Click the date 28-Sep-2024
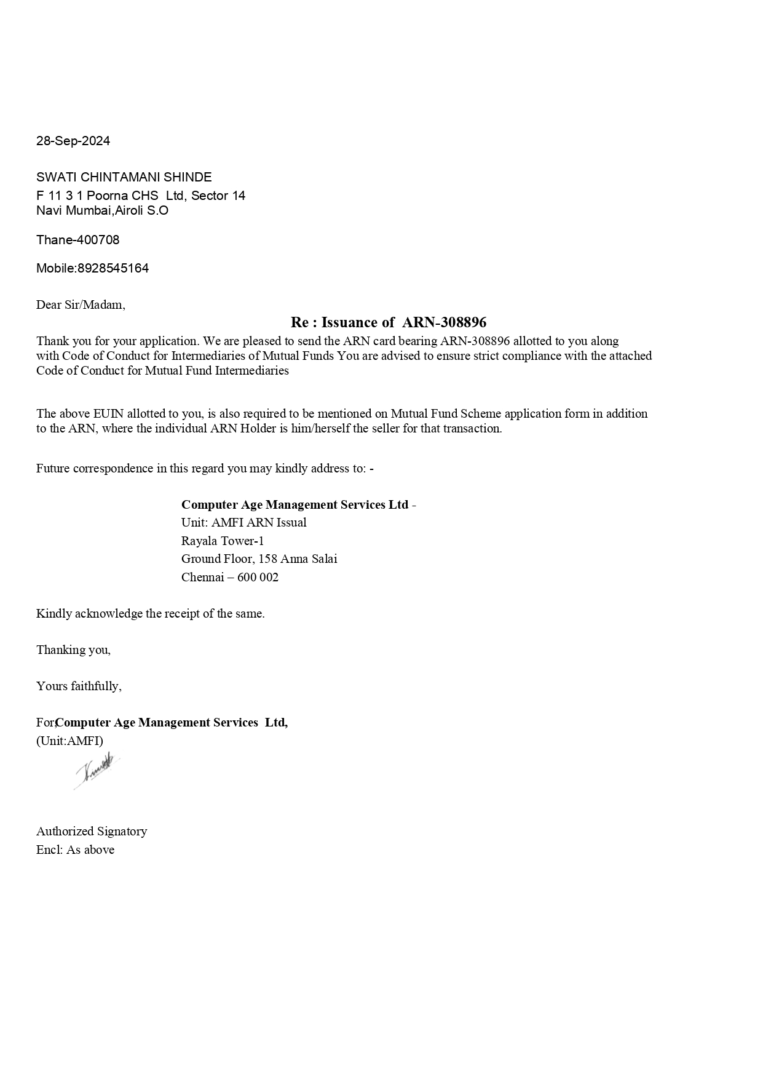[x=73, y=141]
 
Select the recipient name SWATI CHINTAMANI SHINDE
[x=124, y=177]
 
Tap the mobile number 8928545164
[x=113, y=268]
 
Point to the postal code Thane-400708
[x=78, y=240]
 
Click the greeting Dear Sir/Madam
[x=81, y=305]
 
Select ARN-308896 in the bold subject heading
[x=444, y=322]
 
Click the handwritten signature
[x=97, y=770]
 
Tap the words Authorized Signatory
[x=92, y=831]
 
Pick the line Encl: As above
[x=75, y=850]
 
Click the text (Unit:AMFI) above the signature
[x=69, y=741]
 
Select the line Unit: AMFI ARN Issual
[x=243, y=522]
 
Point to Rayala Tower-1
[x=223, y=541]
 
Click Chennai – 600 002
[x=229, y=577]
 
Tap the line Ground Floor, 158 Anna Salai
[x=259, y=559]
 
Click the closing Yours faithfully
[x=79, y=686]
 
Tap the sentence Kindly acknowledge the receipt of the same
[x=150, y=613]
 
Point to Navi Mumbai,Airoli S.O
[x=102, y=210]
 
